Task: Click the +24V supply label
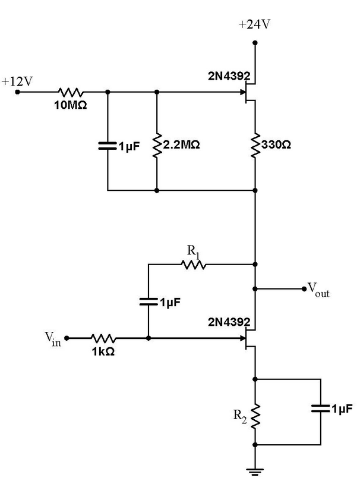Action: (255, 25)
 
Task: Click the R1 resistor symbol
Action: (194, 263)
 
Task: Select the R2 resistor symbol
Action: (255, 416)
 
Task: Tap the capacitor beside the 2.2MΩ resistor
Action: (108, 145)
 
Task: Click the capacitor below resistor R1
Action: (148, 302)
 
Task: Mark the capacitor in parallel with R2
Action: (321, 409)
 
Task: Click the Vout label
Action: (318, 290)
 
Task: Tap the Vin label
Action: (52, 337)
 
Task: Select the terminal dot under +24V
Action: (255, 42)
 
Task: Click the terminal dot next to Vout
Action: (303, 289)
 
